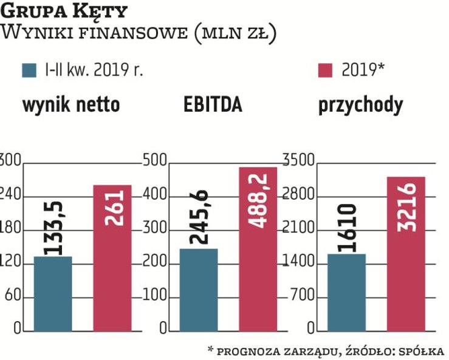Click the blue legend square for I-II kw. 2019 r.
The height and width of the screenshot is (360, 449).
pos(29,70)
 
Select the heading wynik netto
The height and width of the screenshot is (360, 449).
pos(71,106)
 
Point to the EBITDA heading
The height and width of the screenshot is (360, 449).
pos(213,105)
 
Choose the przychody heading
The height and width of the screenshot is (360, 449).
pos(360,105)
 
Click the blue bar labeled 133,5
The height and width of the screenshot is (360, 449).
pos(53,294)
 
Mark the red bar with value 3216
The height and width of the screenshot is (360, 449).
pos(405,254)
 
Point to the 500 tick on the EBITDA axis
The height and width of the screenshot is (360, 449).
pos(154,161)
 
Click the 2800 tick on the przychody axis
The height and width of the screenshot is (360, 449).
pos(298,195)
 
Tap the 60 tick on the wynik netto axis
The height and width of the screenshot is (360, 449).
pos(13,297)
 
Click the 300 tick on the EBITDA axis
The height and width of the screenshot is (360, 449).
pos(154,229)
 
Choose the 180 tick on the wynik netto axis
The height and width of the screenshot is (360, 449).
pos(10,229)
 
